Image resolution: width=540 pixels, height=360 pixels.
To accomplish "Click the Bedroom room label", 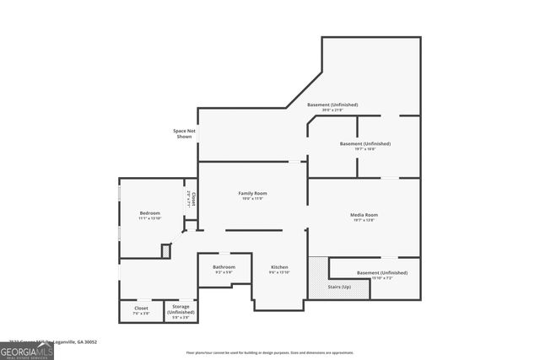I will (x=149, y=213).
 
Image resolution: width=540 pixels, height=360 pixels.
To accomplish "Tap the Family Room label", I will (x=251, y=193).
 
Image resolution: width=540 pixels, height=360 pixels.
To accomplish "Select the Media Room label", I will (x=364, y=215).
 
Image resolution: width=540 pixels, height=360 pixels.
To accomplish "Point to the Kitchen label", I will (x=279, y=266).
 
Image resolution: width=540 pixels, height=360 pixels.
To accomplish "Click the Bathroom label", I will (x=224, y=267).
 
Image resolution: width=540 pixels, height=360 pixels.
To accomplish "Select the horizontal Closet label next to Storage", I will (x=141, y=309).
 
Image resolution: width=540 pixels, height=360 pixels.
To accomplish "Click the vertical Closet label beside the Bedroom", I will (x=193, y=200).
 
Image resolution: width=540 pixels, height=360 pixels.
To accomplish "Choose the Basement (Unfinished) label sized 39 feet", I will (x=332, y=105).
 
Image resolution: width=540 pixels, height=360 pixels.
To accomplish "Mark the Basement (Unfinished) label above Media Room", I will (x=364, y=143).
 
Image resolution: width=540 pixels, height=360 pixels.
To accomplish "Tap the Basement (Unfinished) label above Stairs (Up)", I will (x=381, y=272).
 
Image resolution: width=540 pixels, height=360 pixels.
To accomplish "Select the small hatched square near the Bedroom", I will (x=166, y=250).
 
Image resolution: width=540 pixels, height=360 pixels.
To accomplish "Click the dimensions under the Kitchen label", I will (x=279, y=272).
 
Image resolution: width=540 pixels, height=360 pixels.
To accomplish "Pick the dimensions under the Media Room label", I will (x=364, y=221).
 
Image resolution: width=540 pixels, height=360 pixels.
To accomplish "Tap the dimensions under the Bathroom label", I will (x=224, y=272).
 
